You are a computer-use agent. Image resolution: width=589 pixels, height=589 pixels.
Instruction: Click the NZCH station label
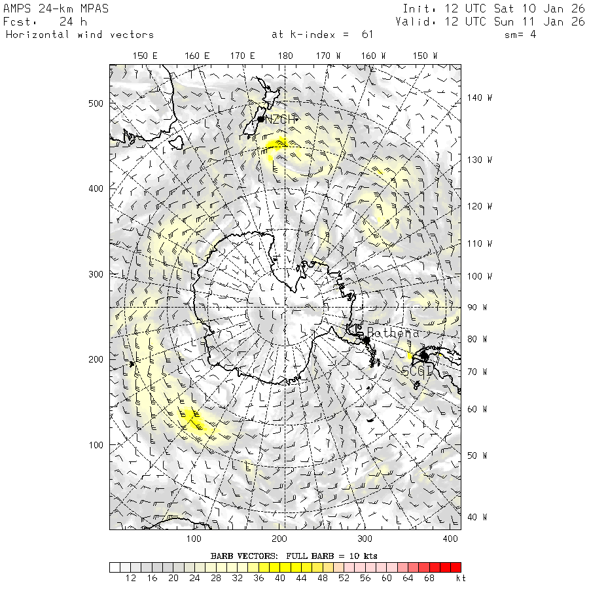(x=281, y=119)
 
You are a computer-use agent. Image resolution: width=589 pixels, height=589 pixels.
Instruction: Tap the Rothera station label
(x=393, y=333)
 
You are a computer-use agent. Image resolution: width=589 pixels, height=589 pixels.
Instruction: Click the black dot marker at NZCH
(x=261, y=119)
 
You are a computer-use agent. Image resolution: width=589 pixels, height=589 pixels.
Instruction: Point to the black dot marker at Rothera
(x=366, y=340)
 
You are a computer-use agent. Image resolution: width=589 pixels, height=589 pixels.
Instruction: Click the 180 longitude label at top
(x=285, y=56)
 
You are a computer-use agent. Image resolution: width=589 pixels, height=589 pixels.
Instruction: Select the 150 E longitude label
(x=145, y=56)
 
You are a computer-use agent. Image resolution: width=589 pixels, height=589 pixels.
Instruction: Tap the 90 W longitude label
(x=476, y=308)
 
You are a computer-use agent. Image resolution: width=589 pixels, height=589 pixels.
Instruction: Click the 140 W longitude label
(x=479, y=98)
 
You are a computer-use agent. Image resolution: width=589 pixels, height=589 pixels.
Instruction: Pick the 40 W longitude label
(x=476, y=517)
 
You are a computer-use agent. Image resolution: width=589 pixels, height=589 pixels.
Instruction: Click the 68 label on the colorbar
(x=430, y=579)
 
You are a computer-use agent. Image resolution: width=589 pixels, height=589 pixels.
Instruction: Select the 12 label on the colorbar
(x=130, y=579)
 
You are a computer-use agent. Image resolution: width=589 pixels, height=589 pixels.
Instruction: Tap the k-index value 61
(x=367, y=35)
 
